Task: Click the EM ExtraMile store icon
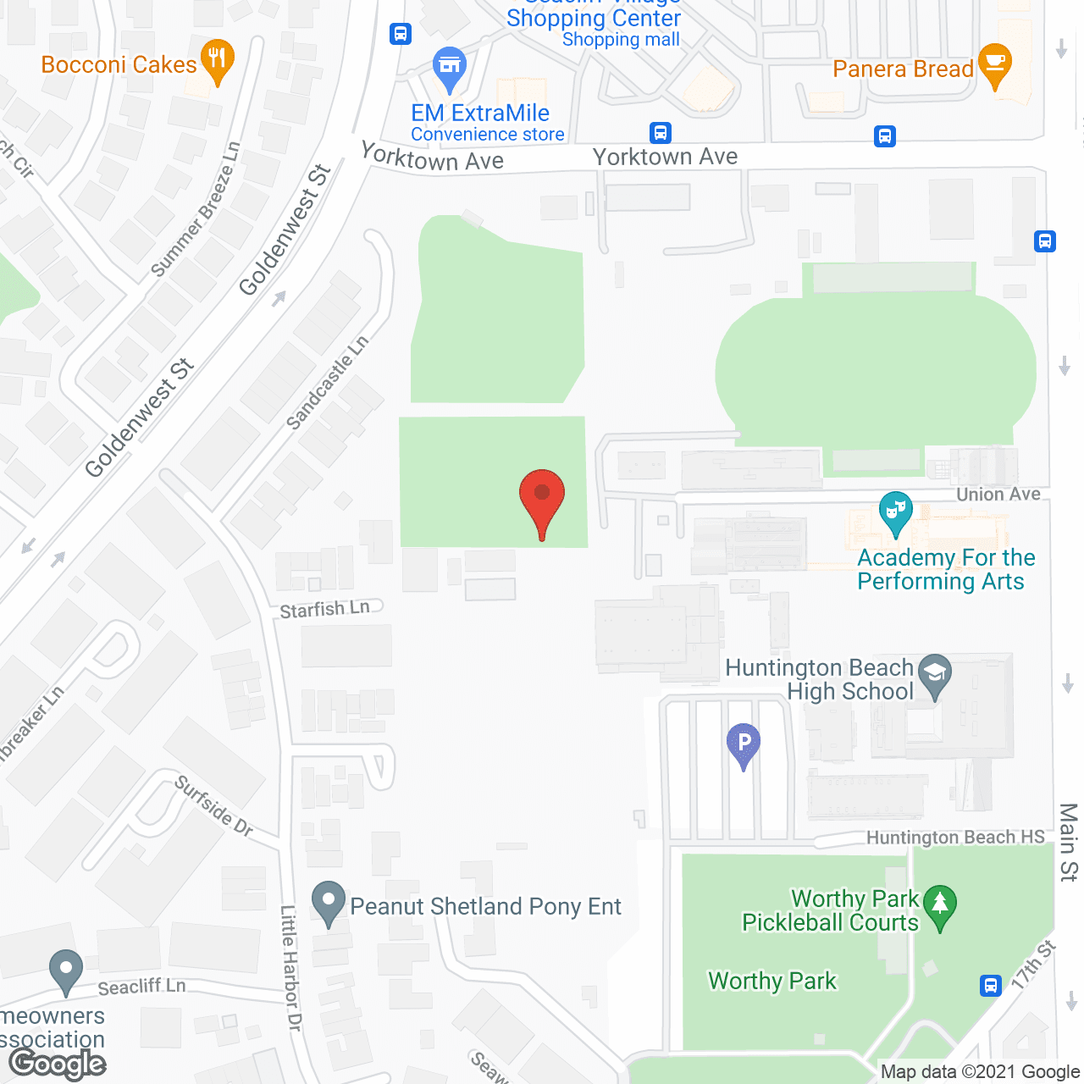click(450, 67)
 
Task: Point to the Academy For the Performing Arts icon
click(895, 512)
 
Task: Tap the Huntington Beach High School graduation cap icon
click(935, 675)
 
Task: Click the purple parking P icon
click(744, 744)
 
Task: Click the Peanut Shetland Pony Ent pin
click(329, 903)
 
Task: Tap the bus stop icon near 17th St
click(990, 985)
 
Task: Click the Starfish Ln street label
click(325, 609)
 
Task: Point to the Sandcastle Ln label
click(327, 382)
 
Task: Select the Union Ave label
click(998, 494)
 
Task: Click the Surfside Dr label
click(213, 806)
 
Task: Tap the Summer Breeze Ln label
click(196, 209)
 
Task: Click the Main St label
click(1068, 842)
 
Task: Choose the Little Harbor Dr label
click(290, 967)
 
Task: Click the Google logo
click(58, 1064)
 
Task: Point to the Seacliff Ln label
click(141, 987)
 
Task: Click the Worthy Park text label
click(772, 981)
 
